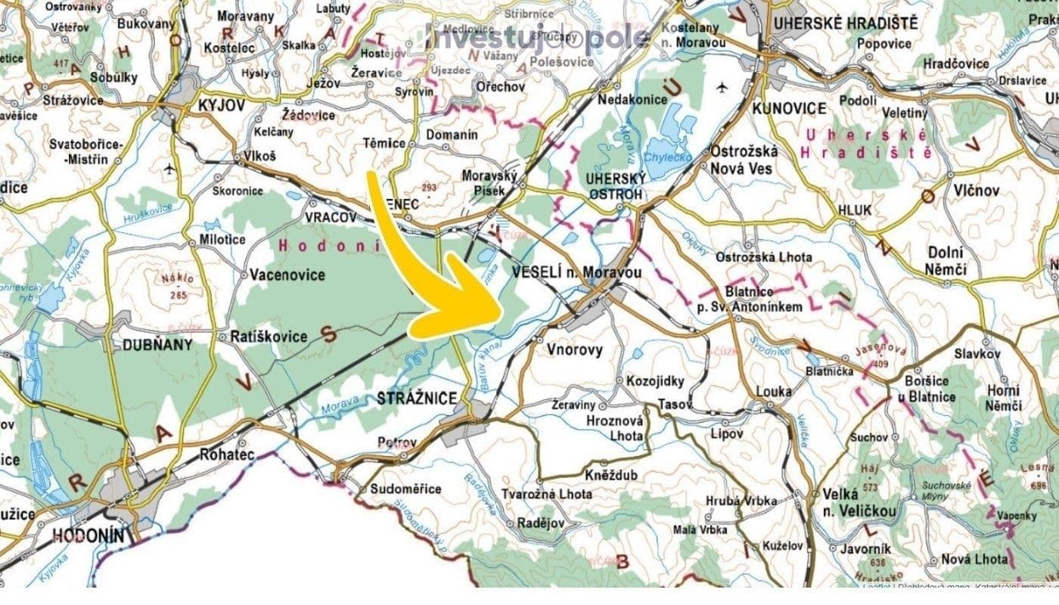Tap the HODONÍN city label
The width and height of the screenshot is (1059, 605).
[x=88, y=535]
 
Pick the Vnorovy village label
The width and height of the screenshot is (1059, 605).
[x=573, y=349]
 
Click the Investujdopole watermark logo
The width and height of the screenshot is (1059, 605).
[x=538, y=38]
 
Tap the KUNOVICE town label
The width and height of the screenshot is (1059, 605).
[x=789, y=108]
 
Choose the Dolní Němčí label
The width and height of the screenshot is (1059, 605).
[x=946, y=261]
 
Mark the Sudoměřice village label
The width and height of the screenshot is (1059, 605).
[x=405, y=489]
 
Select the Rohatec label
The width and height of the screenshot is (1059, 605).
[x=224, y=455]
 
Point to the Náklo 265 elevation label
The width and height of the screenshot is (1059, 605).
[x=178, y=286]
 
